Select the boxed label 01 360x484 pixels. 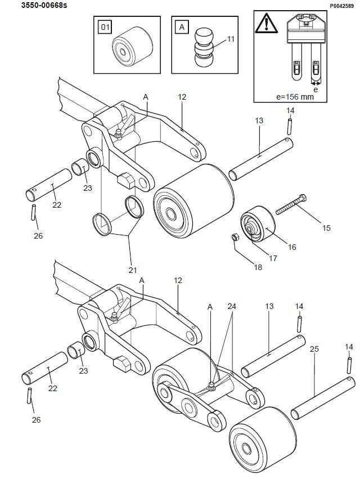pyautogui.click(x=105, y=26)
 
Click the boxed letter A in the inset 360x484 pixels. pyautogui.click(x=182, y=26)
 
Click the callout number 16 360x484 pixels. pyautogui.click(x=293, y=247)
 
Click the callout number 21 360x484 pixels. pyautogui.click(x=133, y=270)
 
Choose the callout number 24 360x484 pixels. pyautogui.click(x=232, y=307)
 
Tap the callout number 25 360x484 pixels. pyautogui.click(x=314, y=349)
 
